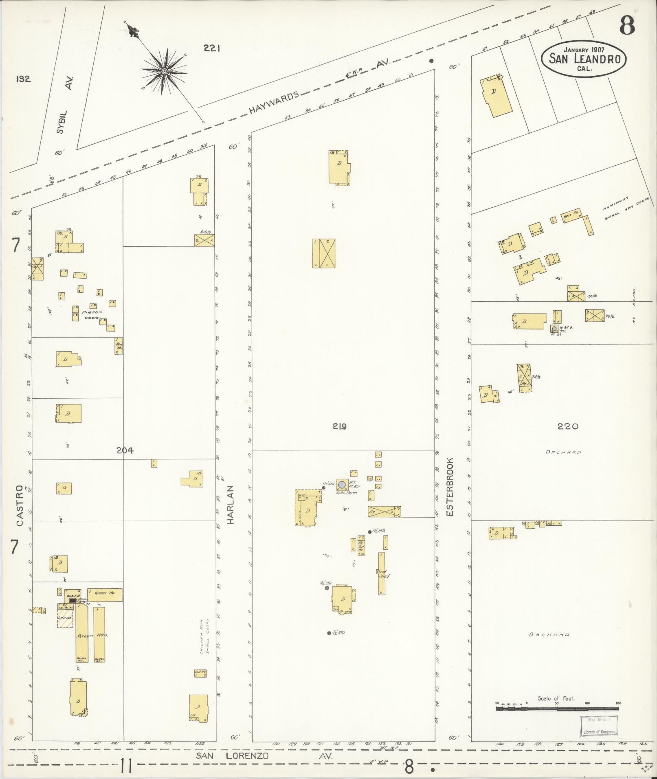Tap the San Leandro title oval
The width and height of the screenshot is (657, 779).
pos(584,59)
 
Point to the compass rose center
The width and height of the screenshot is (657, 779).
pos(164,71)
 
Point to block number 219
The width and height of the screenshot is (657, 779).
pos(339,426)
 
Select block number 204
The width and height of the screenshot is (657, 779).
pos(124,450)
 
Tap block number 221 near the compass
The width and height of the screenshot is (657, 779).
pos(212,48)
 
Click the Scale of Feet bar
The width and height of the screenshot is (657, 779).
pos(557,709)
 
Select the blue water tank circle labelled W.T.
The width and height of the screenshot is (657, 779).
pos(342,484)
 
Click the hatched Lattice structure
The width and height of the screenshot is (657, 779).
pos(65,618)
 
